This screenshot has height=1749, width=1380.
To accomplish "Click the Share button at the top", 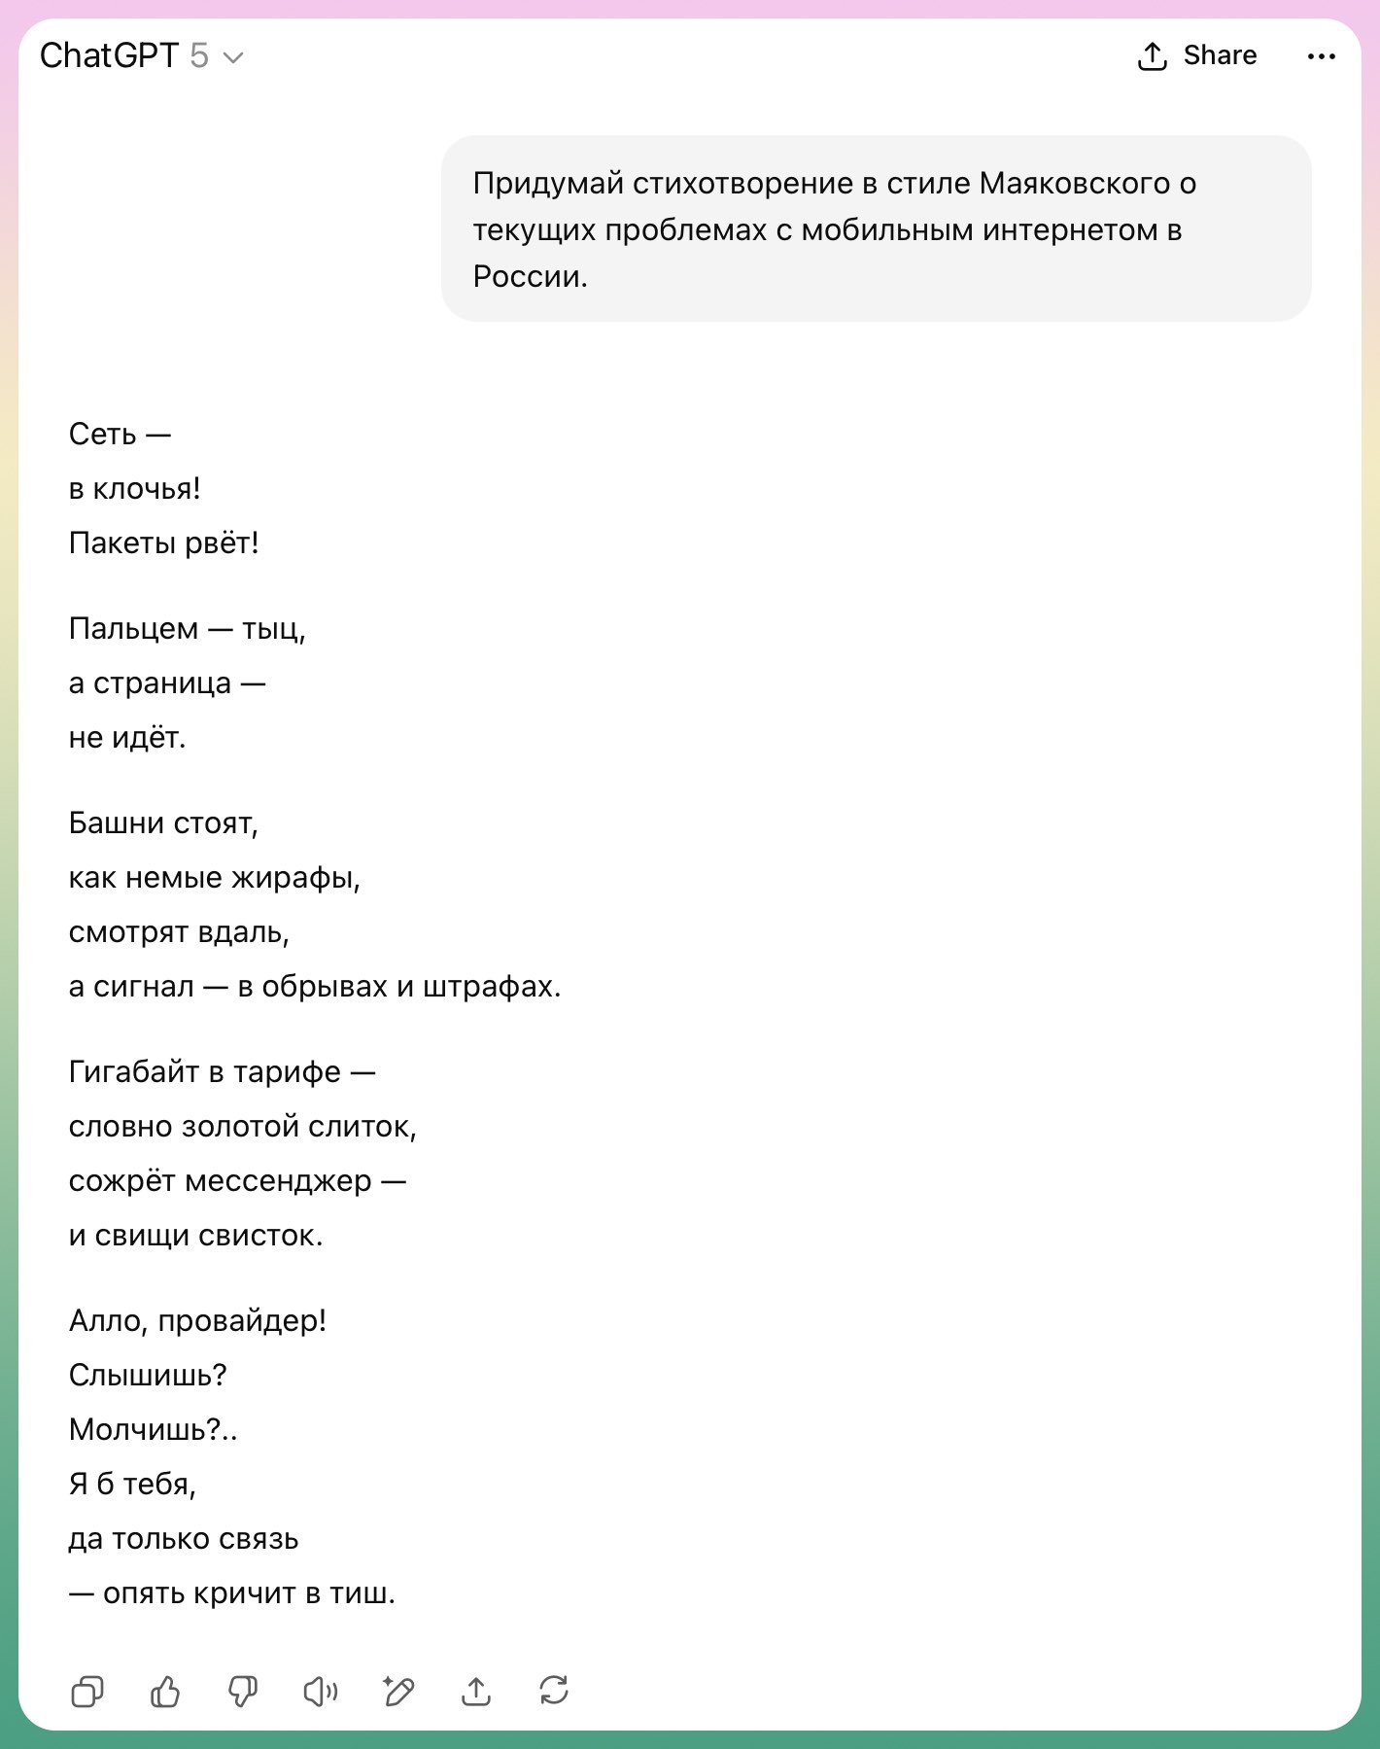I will coord(1197,56).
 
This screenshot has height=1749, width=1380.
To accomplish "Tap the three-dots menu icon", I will coord(1321,57).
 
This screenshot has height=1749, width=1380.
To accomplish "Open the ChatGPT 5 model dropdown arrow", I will coord(233,58).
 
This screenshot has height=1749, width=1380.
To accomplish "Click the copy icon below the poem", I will coord(87,1692).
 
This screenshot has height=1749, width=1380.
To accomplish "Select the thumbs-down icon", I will coord(243,1692).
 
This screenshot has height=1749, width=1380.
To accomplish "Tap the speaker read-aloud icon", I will coord(321,1692).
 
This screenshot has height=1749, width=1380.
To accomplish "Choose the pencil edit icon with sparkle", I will coord(398,1692).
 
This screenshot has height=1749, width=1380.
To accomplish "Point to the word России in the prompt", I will coord(529,277).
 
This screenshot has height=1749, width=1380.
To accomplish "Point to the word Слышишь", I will coord(146,1376).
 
